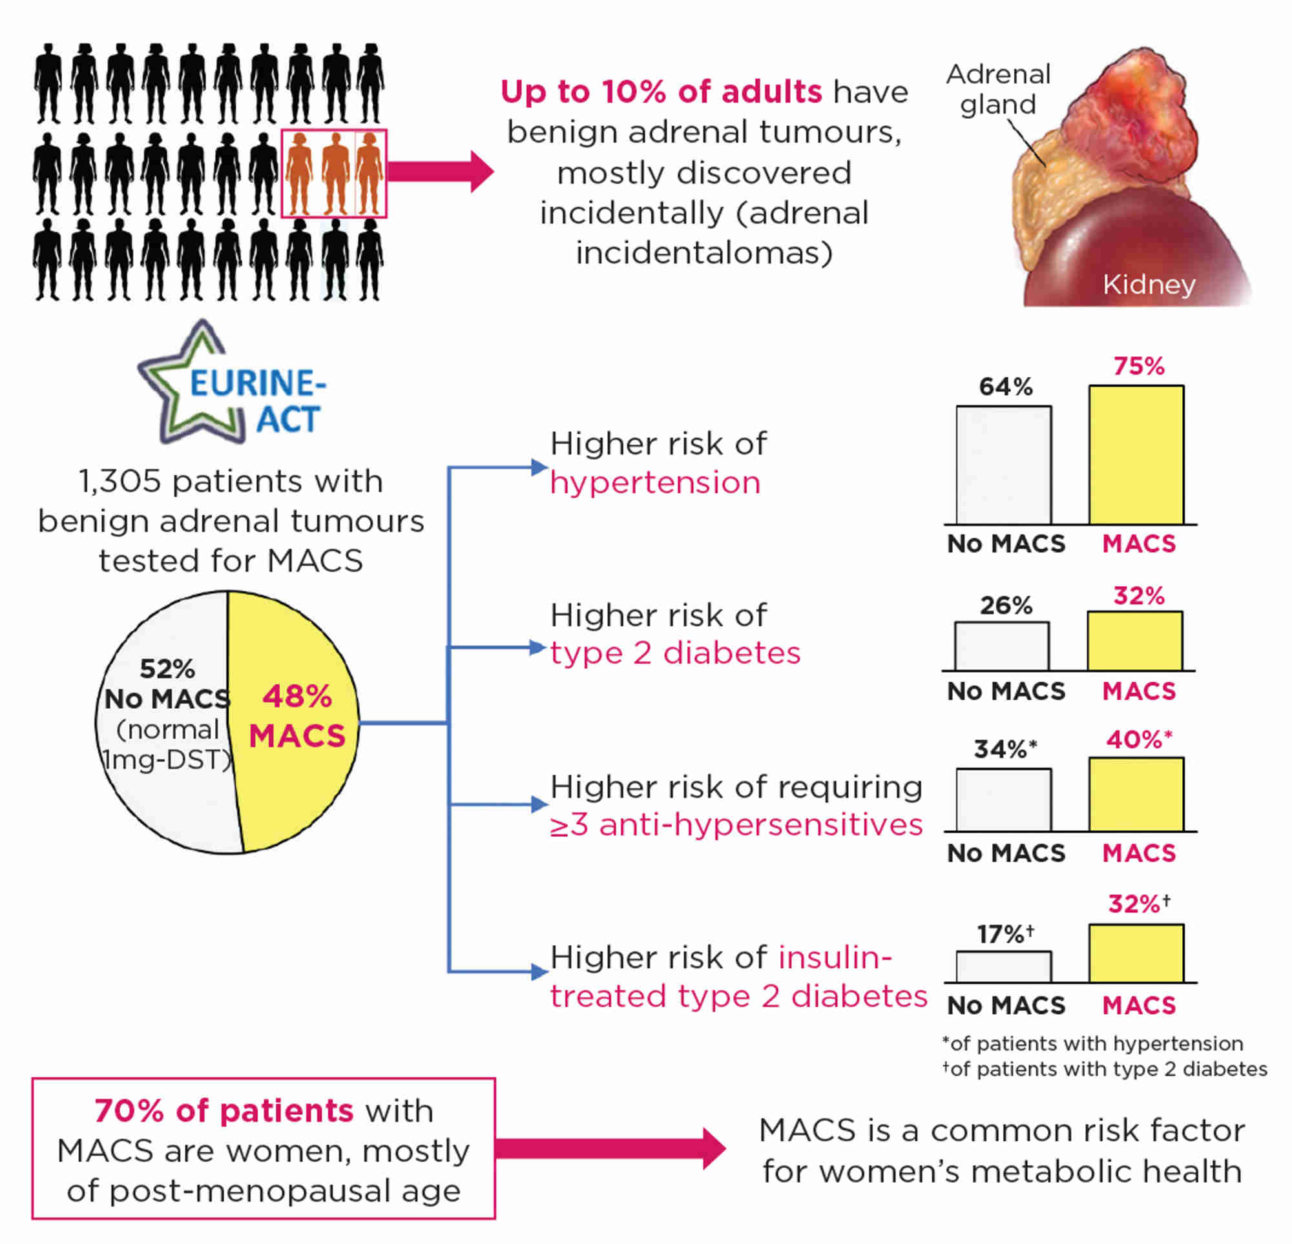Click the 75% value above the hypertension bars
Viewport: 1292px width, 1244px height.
tap(1138, 366)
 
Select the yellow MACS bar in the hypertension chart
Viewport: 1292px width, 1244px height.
tap(1136, 455)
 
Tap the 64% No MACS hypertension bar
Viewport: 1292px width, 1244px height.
tap(1003, 465)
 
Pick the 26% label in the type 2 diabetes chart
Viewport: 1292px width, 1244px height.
tap(1005, 606)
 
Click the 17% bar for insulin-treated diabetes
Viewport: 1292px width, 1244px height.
tap(1003, 966)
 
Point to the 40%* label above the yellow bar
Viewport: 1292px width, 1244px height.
tap(1138, 740)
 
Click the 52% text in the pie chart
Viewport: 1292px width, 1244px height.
tap(167, 669)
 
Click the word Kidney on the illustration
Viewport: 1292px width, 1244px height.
tap(1149, 285)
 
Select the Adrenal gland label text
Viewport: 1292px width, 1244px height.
tap(998, 90)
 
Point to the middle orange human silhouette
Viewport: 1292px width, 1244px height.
tap(335, 173)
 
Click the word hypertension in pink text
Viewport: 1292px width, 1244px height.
tap(655, 483)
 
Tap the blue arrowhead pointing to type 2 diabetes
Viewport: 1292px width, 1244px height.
tap(539, 647)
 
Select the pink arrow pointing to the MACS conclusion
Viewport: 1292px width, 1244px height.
tap(610, 1148)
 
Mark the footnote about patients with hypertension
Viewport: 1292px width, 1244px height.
tap(1092, 1044)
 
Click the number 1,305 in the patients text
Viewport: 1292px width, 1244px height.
tap(120, 481)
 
